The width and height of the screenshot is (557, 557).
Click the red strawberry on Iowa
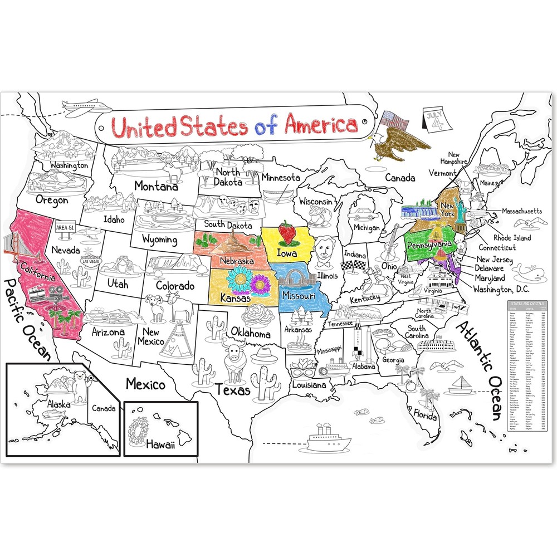[287, 233]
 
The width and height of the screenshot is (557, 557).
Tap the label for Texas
[233, 389]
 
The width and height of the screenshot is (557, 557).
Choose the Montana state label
[156, 185]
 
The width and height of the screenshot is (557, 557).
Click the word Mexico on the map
[145, 384]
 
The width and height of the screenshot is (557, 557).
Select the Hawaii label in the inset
[160, 444]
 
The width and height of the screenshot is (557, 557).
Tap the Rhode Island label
[512, 237]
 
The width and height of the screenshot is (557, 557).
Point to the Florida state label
[425, 414]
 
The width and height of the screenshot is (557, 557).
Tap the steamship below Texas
[329, 438]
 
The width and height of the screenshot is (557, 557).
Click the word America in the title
[320, 126]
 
